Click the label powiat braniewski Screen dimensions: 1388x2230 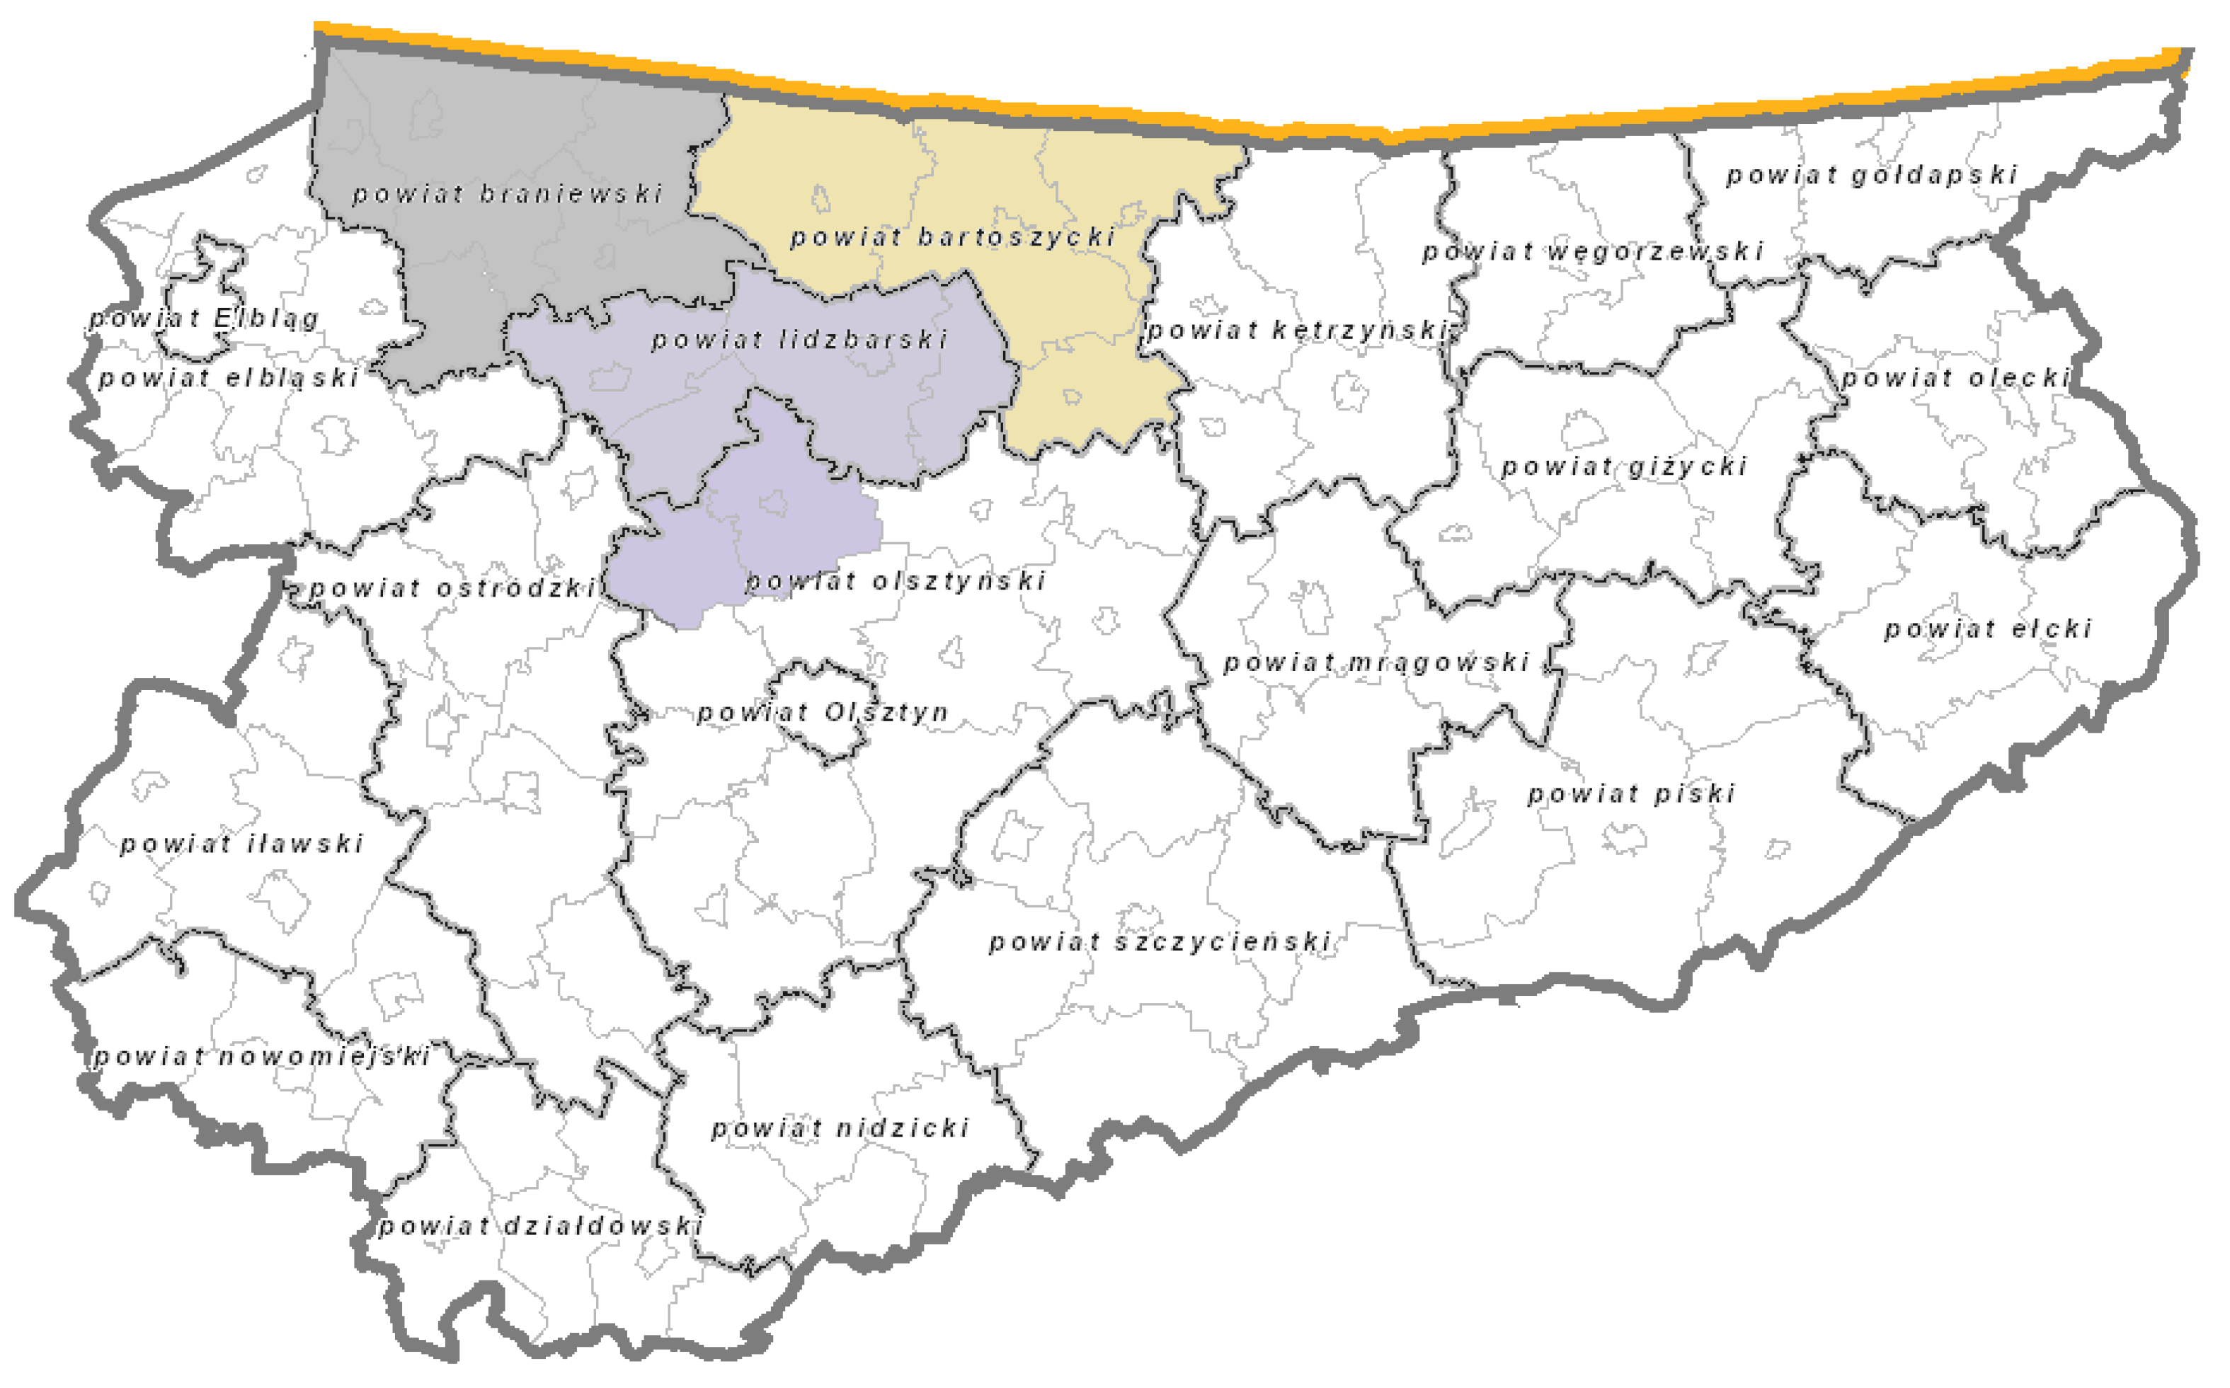pyautogui.click(x=507, y=194)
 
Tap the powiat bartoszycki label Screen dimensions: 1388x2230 pyautogui.click(x=953, y=237)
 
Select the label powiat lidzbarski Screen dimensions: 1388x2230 pyautogui.click(x=799, y=340)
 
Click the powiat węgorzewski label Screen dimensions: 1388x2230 pyautogui.click(x=1593, y=251)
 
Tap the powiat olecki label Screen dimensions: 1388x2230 pyautogui.click(x=1955, y=377)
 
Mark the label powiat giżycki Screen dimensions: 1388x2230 pyautogui.click(x=1624, y=466)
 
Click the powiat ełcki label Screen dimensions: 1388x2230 pyautogui.click(x=1989, y=629)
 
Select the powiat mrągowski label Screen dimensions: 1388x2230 pyautogui.click(x=1376, y=662)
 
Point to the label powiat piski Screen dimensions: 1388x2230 pyautogui.click(x=1631, y=793)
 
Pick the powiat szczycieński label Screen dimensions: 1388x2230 pyautogui.click(x=1160, y=942)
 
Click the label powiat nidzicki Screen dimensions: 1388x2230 pyautogui.click(x=840, y=1128)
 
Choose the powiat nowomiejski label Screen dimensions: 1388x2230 pyautogui.click(x=262, y=1057)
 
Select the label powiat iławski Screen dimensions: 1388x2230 pyautogui.click(x=242, y=844)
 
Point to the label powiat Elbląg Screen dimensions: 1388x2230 pyautogui.click(x=204, y=319)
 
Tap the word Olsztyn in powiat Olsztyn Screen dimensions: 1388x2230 pyautogui.click(x=886, y=712)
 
